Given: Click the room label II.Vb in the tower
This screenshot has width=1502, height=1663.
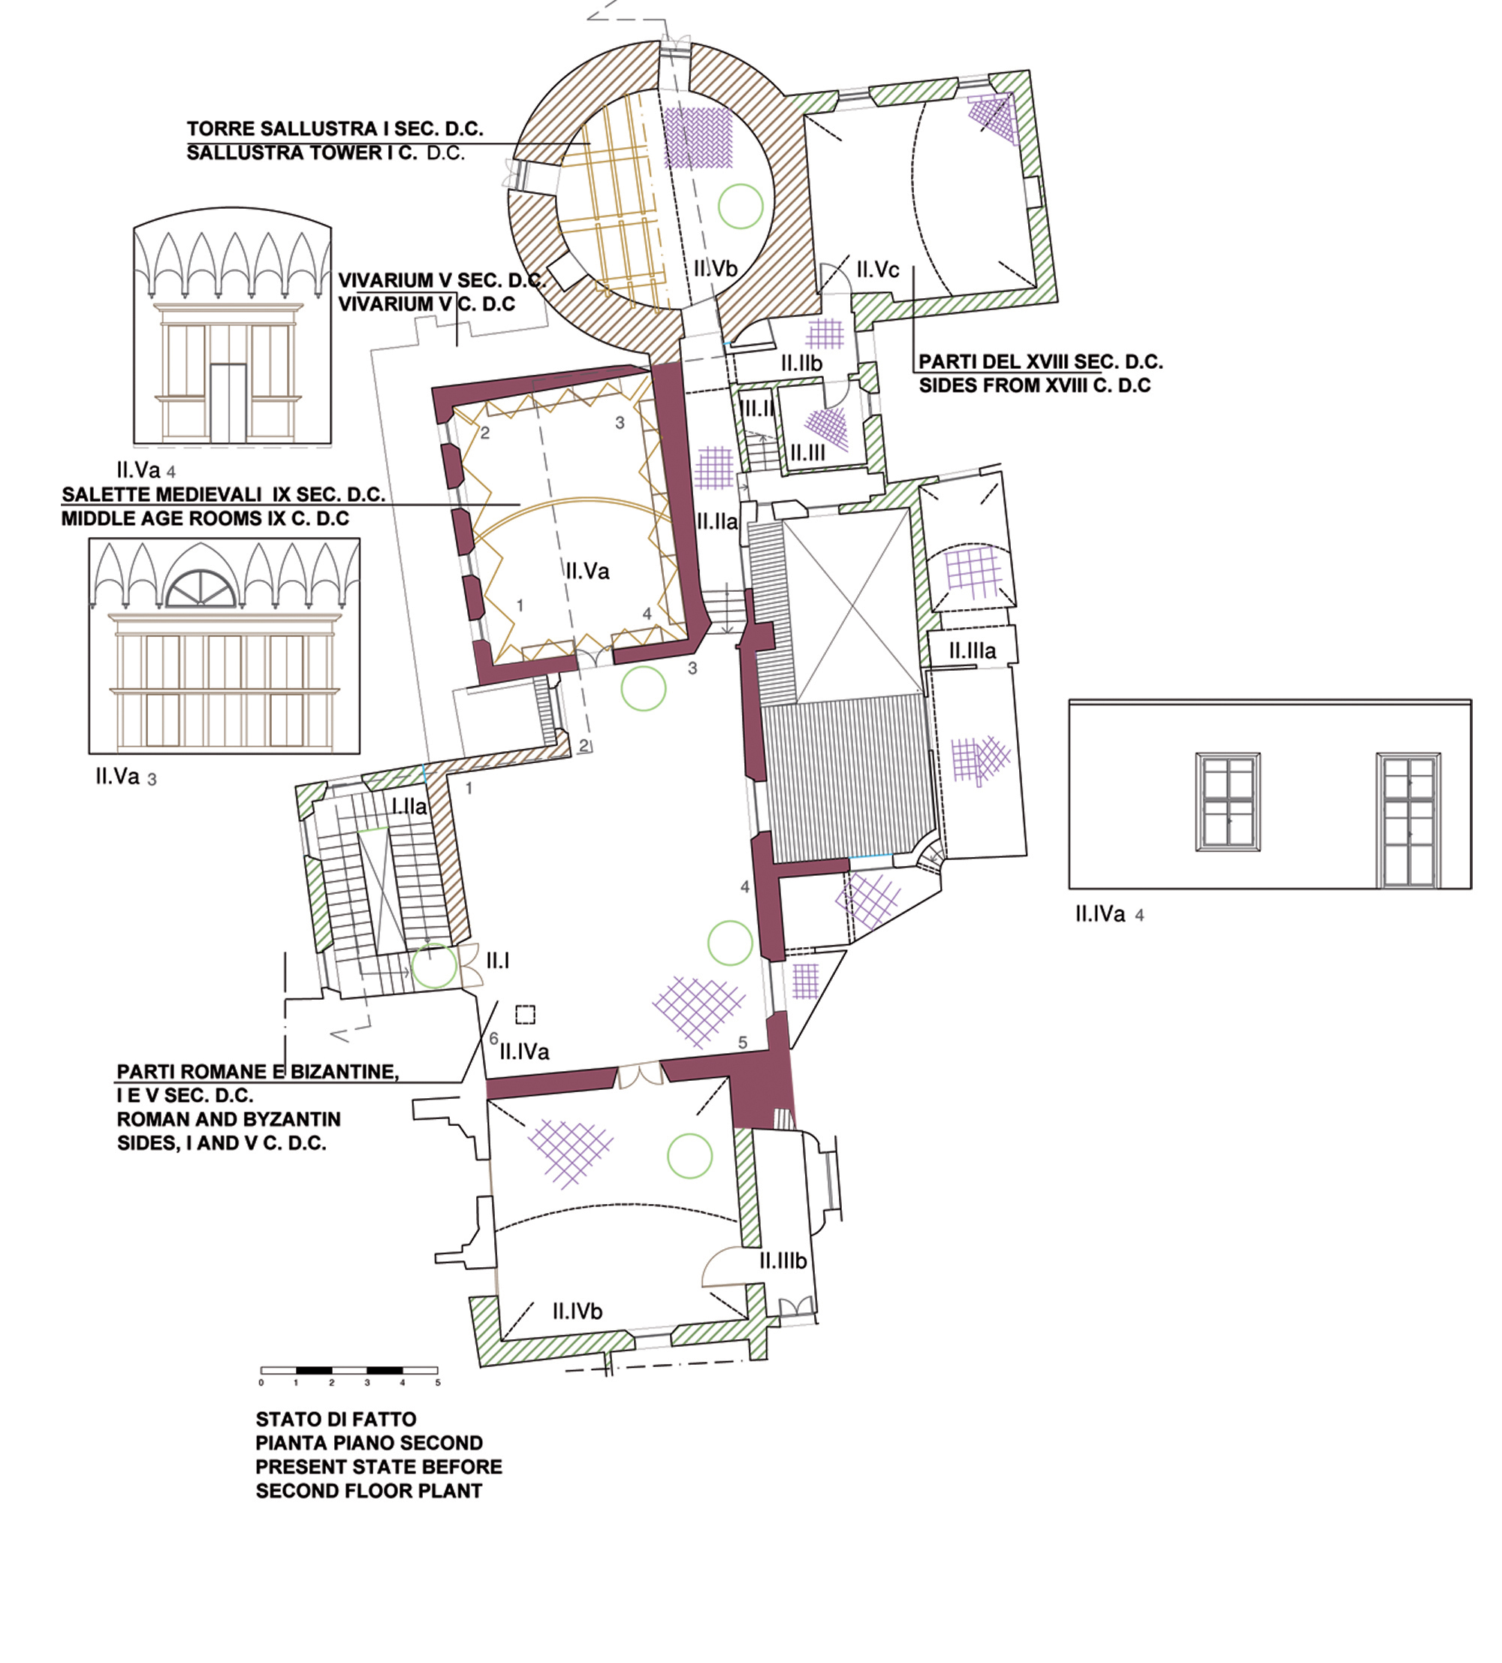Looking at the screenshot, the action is pyautogui.click(x=715, y=268).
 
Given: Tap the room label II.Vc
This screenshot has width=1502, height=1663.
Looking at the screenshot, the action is pyautogui.click(x=878, y=270).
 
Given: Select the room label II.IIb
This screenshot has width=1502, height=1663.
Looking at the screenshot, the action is pyautogui.click(x=802, y=364).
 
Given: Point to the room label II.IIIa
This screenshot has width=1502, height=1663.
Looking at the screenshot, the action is pyautogui.click(x=973, y=650).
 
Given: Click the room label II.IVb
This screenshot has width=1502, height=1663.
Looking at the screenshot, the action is pyautogui.click(x=578, y=1311).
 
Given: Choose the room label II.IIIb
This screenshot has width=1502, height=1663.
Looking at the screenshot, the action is pyautogui.click(x=783, y=1260).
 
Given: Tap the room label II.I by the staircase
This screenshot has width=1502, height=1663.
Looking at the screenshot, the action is pyautogui.click(x=497, y=960).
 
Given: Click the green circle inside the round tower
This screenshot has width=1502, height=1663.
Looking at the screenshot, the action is pyautogui.click(x=740, y=205).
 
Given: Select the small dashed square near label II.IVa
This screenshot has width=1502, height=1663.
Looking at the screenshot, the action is pyautogui.click(x=526, y=1014).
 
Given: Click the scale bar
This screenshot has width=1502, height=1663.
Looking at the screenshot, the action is pyautogui.click(x=350, y=1370).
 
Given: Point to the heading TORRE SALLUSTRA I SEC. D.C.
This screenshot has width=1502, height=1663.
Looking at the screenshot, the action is pyautogui.click(x=335, y=128).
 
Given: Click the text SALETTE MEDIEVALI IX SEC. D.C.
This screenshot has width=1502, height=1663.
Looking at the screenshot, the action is pyautogui.click(x=224, y=495).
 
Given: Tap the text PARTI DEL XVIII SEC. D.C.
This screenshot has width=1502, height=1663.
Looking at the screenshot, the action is pyautogui.click(x=1041, y=361).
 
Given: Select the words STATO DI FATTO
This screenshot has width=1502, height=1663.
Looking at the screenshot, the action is pyautogui.click(x=336, y=1419).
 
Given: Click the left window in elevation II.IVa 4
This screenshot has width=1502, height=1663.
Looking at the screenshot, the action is pyautogui.click(x=1228, y=801).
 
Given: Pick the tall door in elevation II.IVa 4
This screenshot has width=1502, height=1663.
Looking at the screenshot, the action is pyautogui.click(x=1409, y=820).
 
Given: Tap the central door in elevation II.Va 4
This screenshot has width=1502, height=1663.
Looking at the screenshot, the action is pyautogui.click(x=228, y=403).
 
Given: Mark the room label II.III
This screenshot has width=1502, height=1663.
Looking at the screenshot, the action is pyautogui.click(x=807, y=453).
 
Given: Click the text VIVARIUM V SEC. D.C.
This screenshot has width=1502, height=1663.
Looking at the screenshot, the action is pyautogui.click(x=442, y=280).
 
